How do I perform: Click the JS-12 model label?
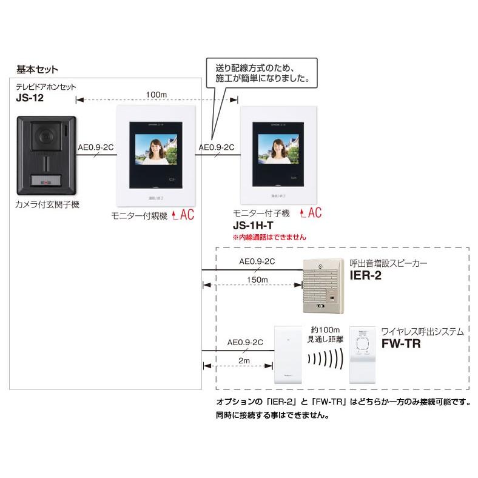pos(30,97)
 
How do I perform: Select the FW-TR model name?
pos(402,343)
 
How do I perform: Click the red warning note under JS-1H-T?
pos(270,237)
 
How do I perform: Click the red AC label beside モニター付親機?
pos(183,215)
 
